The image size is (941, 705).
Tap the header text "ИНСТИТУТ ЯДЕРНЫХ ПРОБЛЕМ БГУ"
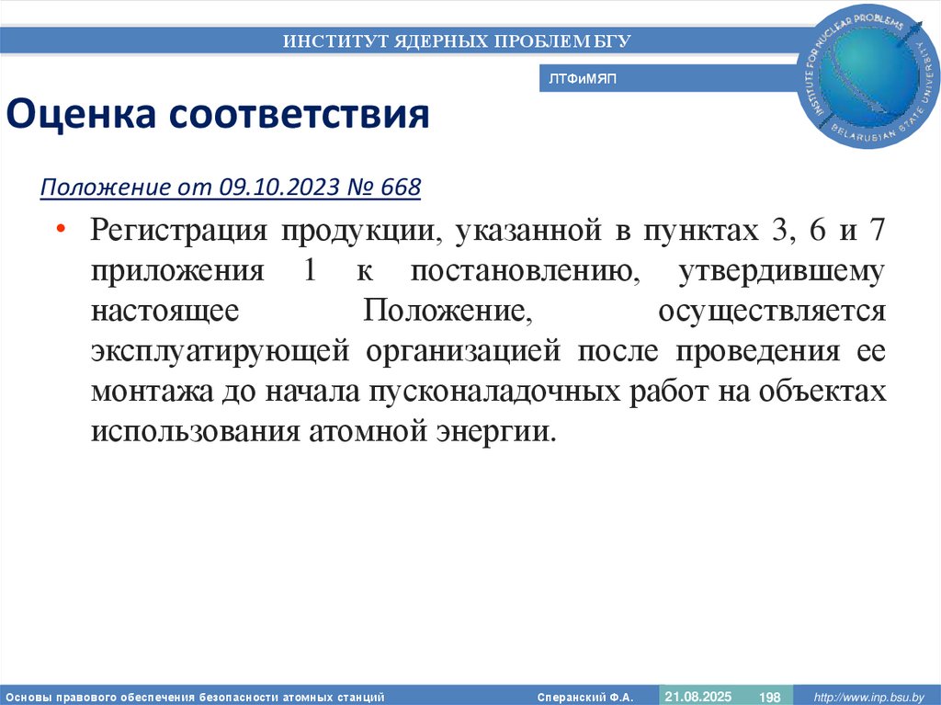coord(457,40)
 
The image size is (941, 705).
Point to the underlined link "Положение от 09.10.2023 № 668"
coord(231,188)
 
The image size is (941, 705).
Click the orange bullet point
coord(60,229)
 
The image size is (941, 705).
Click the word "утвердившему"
coord(782,273)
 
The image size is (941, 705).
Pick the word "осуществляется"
coord(771,312)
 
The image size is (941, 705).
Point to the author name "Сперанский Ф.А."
coord(584,697)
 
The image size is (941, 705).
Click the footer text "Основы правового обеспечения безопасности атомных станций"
coord(194,697)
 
